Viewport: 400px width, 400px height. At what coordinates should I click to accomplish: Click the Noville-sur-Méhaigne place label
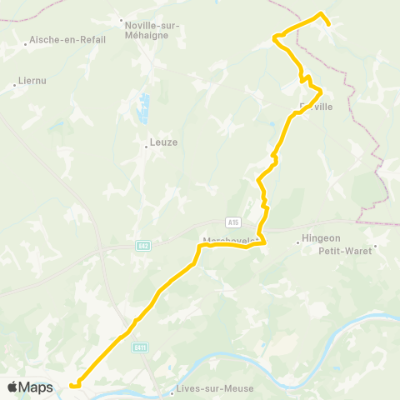152,31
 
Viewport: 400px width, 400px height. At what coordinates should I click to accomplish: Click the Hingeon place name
322,237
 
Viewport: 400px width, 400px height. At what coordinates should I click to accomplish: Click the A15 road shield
233,222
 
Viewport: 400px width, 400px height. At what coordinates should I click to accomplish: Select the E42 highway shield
143,245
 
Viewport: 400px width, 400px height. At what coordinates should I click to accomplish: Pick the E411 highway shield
141,347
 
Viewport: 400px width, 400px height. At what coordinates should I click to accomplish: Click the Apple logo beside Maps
12,387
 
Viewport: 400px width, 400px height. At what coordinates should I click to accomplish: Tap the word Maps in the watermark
36,387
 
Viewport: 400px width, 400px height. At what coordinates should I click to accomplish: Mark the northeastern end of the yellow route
329,24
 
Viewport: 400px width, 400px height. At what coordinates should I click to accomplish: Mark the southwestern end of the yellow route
72,386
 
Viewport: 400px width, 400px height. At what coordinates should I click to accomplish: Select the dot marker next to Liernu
17,82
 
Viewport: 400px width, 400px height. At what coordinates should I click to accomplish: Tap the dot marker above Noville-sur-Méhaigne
122,21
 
